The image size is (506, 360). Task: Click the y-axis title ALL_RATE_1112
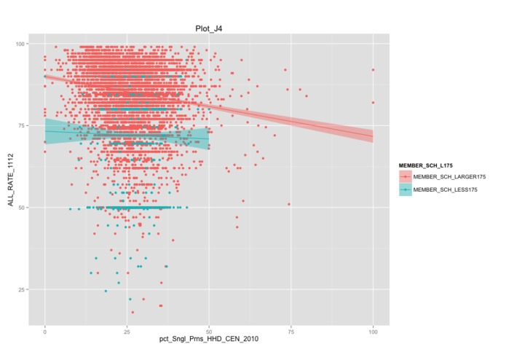click(11, 180)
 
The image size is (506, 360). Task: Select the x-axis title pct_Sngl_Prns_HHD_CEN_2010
click(210, 341)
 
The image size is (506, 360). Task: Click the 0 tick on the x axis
click(45, 332)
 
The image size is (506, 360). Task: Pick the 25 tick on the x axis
click(127, 332)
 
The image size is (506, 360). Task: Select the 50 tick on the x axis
click(209, 332)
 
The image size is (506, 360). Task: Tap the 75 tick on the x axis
click(290, 332)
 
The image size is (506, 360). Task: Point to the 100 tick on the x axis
click(373, 332)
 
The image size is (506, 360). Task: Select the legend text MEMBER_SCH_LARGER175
click(449, 176)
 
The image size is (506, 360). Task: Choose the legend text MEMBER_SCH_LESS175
click(446, 189)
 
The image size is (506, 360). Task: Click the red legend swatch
click(405, 176)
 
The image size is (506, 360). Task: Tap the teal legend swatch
click(405, 189)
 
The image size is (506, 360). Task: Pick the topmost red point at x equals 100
click(373, 70)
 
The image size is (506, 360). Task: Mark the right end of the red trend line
click(373, 136)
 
